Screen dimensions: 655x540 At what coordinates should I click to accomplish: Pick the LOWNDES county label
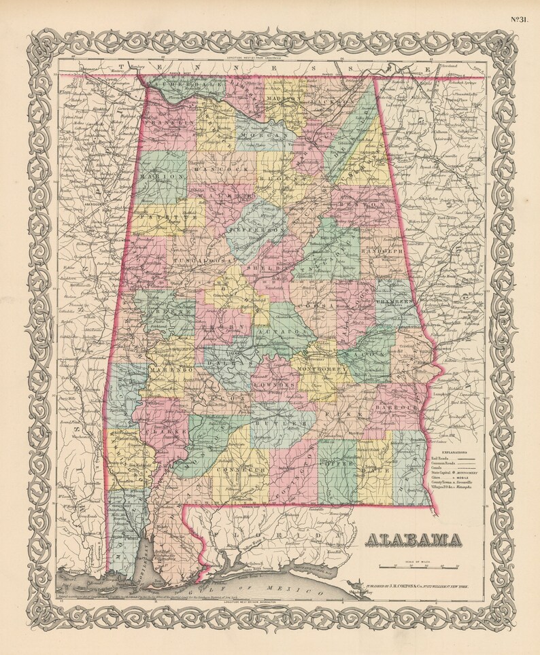pyautogui.click(x=274, y=384)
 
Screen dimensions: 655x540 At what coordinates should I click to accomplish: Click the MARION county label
pyautogui.click(x=162, y=175)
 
